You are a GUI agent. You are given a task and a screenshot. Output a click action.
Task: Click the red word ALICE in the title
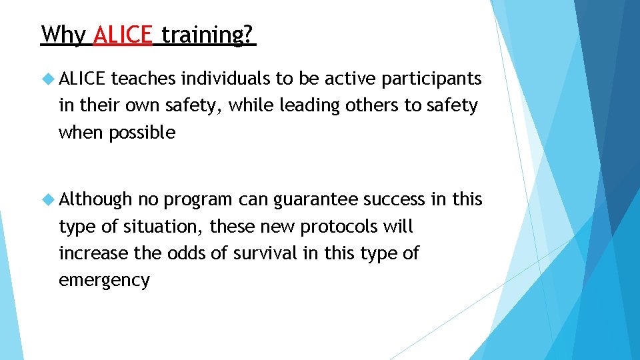point(123,34)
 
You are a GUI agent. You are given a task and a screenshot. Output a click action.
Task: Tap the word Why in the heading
point(63,34)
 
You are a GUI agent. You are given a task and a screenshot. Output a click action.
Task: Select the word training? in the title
point(208,34)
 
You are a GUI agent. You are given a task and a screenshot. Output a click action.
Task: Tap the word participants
point(432,79)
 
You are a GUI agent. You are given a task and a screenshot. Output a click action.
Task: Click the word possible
point(142,133)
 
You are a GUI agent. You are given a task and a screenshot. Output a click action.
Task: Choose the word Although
point(96,200)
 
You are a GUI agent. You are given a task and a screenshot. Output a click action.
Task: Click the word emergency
point(104,281)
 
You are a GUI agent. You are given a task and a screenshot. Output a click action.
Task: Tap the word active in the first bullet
point(351,79)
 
